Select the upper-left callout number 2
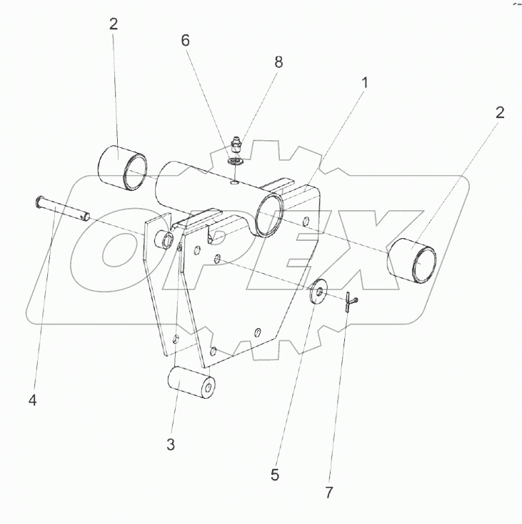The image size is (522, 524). [x=113, y=24]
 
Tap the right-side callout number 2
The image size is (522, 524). [x=499, y=112]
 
